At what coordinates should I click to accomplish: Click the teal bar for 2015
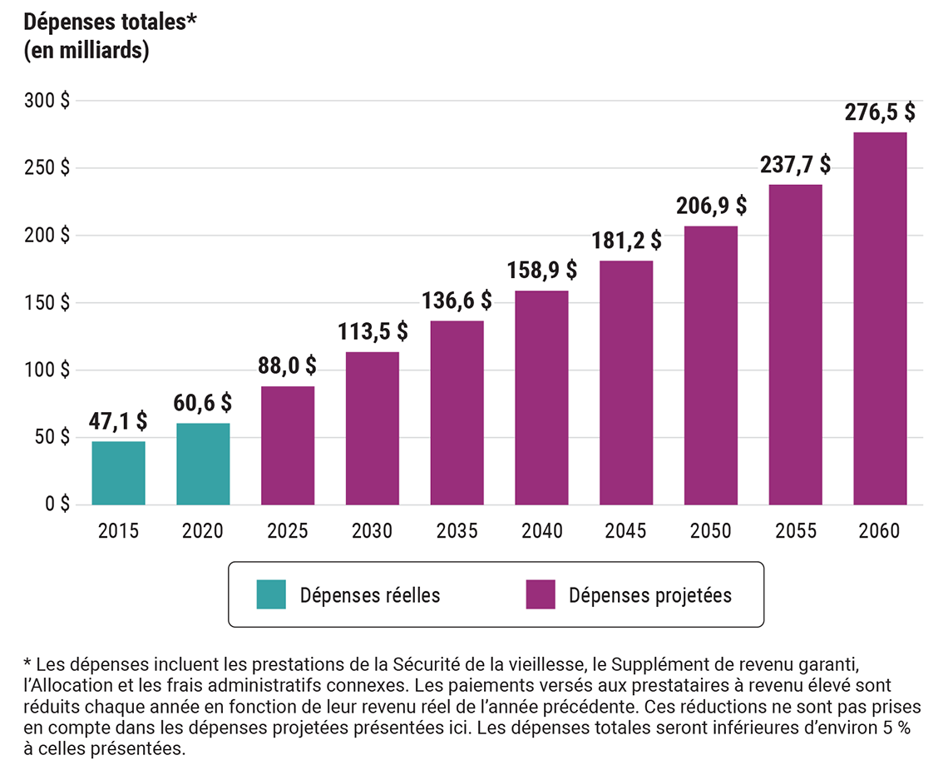[x=118, y=473]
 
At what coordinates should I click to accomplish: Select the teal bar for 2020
[x=203, y=464]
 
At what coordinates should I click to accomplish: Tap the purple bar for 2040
[x=541, y=398]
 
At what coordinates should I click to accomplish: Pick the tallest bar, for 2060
[x=880, y=318]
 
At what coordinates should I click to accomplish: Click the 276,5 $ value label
[x=879, y=112]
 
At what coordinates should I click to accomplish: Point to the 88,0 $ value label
[x=287, y=366]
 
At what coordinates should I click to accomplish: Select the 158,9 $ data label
[x=541, y=271]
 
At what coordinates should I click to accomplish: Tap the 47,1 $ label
[x=118, y=421]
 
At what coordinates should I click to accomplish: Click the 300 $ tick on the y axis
[x=47, y=101]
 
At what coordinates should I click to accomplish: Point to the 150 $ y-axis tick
[x=47, y=303]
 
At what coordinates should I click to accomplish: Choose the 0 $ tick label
[x=57, y=504]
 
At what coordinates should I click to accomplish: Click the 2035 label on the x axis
[x=457, y=531]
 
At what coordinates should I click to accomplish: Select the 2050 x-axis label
[x=710, y=531]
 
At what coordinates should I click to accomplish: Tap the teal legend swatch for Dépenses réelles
[x=271, y=594]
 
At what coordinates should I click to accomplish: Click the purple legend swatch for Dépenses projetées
[x=541, y=594]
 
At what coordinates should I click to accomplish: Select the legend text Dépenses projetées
[x=650, y=595]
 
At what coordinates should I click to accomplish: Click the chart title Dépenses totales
[x=107, y=22]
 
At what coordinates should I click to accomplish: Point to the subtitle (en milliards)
[x=86, y=51]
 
